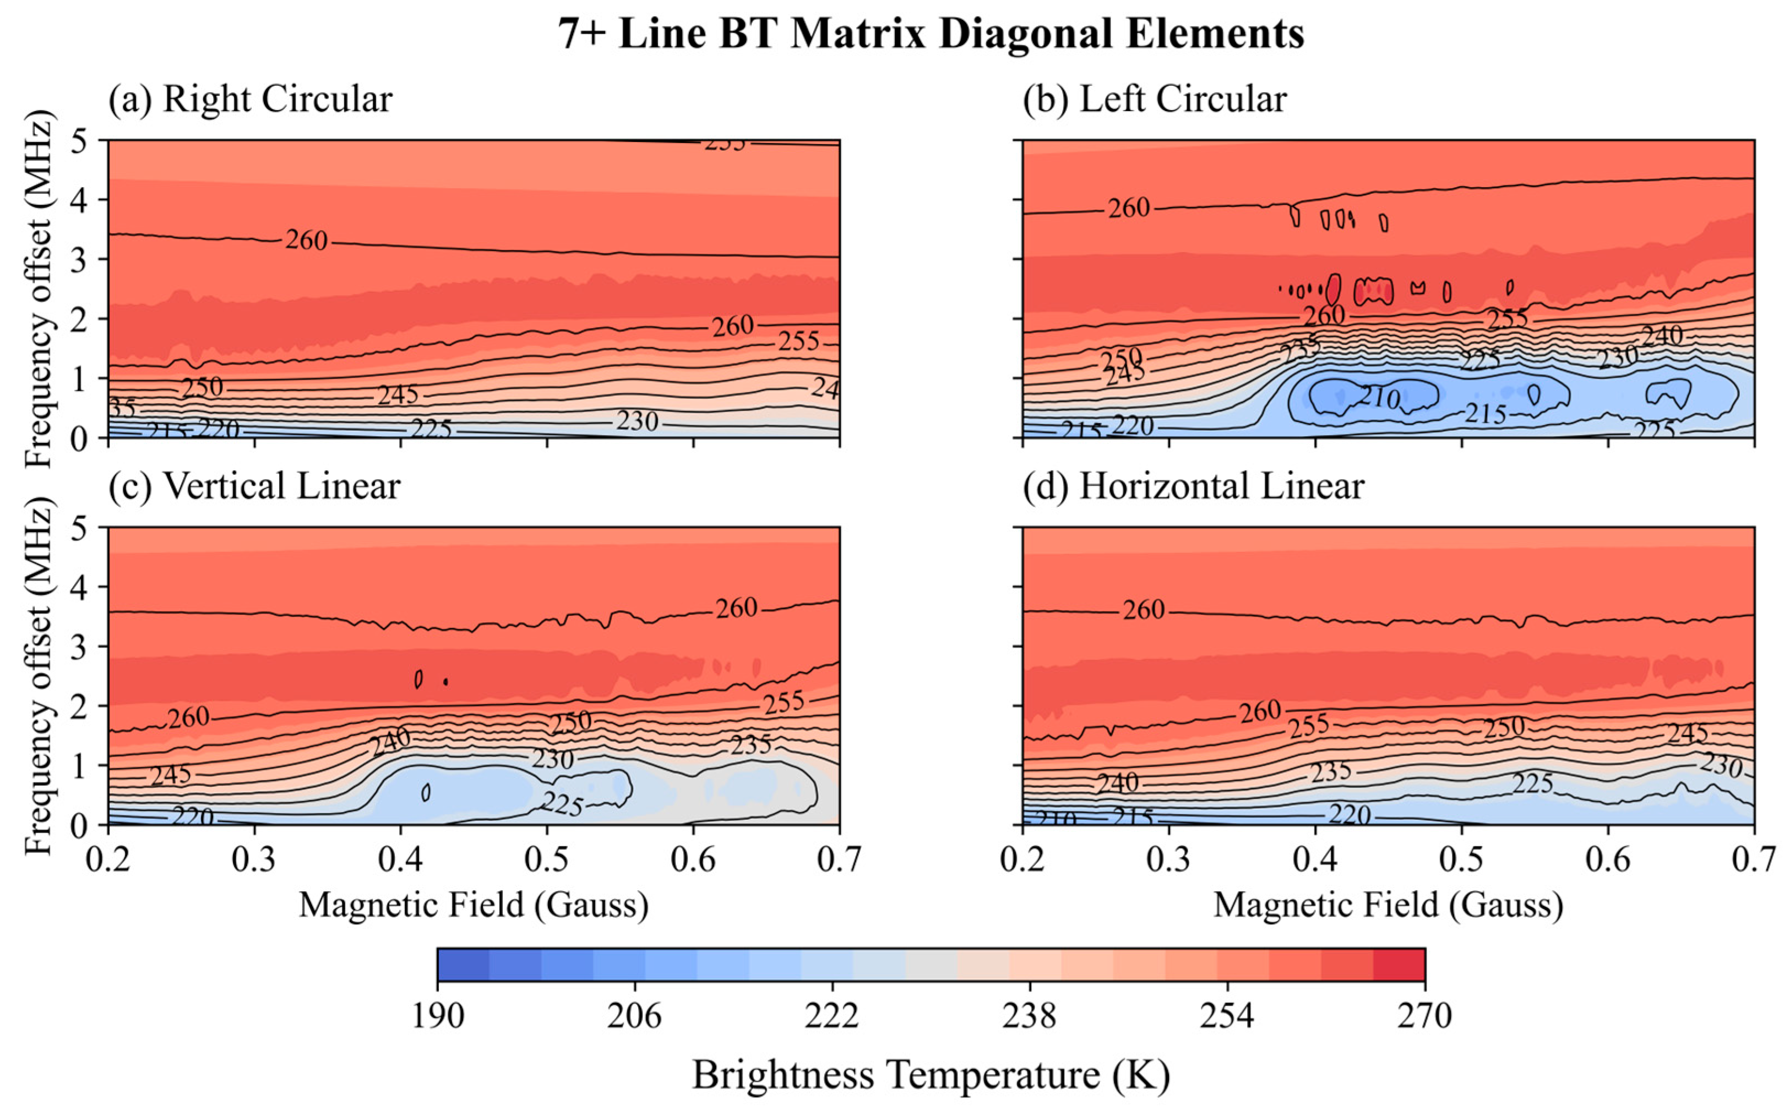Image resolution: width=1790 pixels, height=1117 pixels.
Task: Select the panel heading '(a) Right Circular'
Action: coord(251,99)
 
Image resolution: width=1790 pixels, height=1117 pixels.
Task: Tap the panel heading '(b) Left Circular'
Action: coord(1155,99)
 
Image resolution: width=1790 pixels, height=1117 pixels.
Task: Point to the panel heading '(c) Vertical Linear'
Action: coord(254,486)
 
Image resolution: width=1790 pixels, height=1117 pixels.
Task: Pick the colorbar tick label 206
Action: coord(634,1016)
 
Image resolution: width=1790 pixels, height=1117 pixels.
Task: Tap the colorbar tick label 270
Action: coord(1423,1016)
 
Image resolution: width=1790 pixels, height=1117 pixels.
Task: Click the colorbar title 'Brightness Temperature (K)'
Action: coord(931,1075)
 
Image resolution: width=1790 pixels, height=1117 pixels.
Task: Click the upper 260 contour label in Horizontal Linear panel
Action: coord(1144,610)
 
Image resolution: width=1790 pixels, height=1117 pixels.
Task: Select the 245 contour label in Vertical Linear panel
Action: coord(171,775)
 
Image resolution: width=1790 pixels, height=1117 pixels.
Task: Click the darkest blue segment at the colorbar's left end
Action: coord(463,965)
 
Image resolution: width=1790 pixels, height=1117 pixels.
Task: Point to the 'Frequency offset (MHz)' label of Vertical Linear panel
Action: coord(39,676)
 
